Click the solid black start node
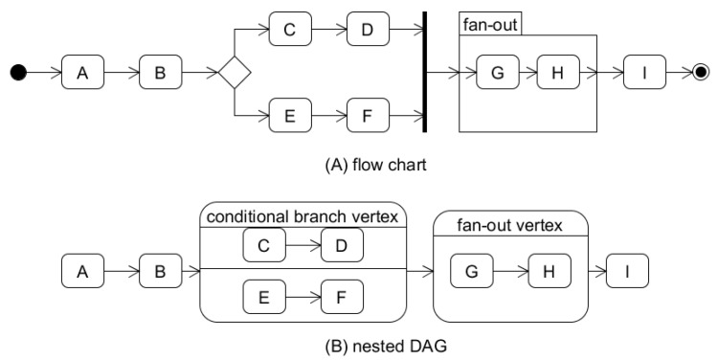tap(17, 72)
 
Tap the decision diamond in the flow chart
tap(234, 72)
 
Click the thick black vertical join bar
tap(424, 72)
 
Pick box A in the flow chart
tap(83, 72)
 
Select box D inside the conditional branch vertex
tap(343, 246)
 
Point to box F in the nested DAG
tap(343, 296)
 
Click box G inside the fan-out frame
tap(496, 72)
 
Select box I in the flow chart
tap(645, 72)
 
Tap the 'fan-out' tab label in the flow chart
tap(491, 24)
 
